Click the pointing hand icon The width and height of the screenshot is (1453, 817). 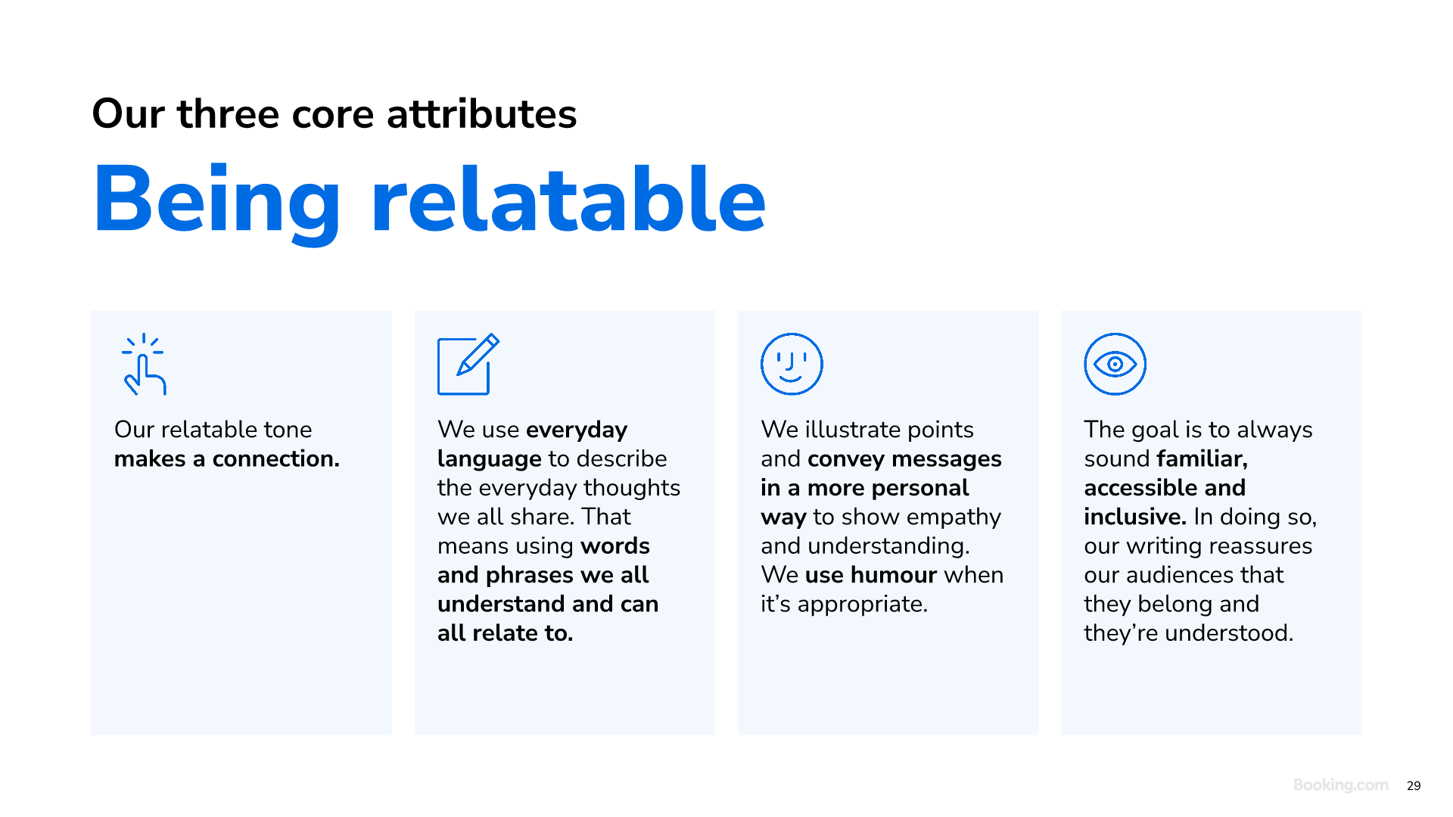(x=144, y=365)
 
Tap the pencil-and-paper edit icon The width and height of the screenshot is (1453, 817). (x=468, y=365)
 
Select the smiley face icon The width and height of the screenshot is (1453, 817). (x=792, y=364)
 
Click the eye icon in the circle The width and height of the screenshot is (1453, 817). (x=1115, y=364)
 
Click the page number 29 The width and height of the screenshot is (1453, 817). (x=1414, y=786)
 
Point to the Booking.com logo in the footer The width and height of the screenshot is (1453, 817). (x=1340, y=785)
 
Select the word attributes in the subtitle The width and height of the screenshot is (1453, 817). (x=481, y=114)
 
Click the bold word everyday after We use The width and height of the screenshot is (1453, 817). (x=577, y=430)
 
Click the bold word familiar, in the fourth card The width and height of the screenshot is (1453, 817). (x=1202, y=459)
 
